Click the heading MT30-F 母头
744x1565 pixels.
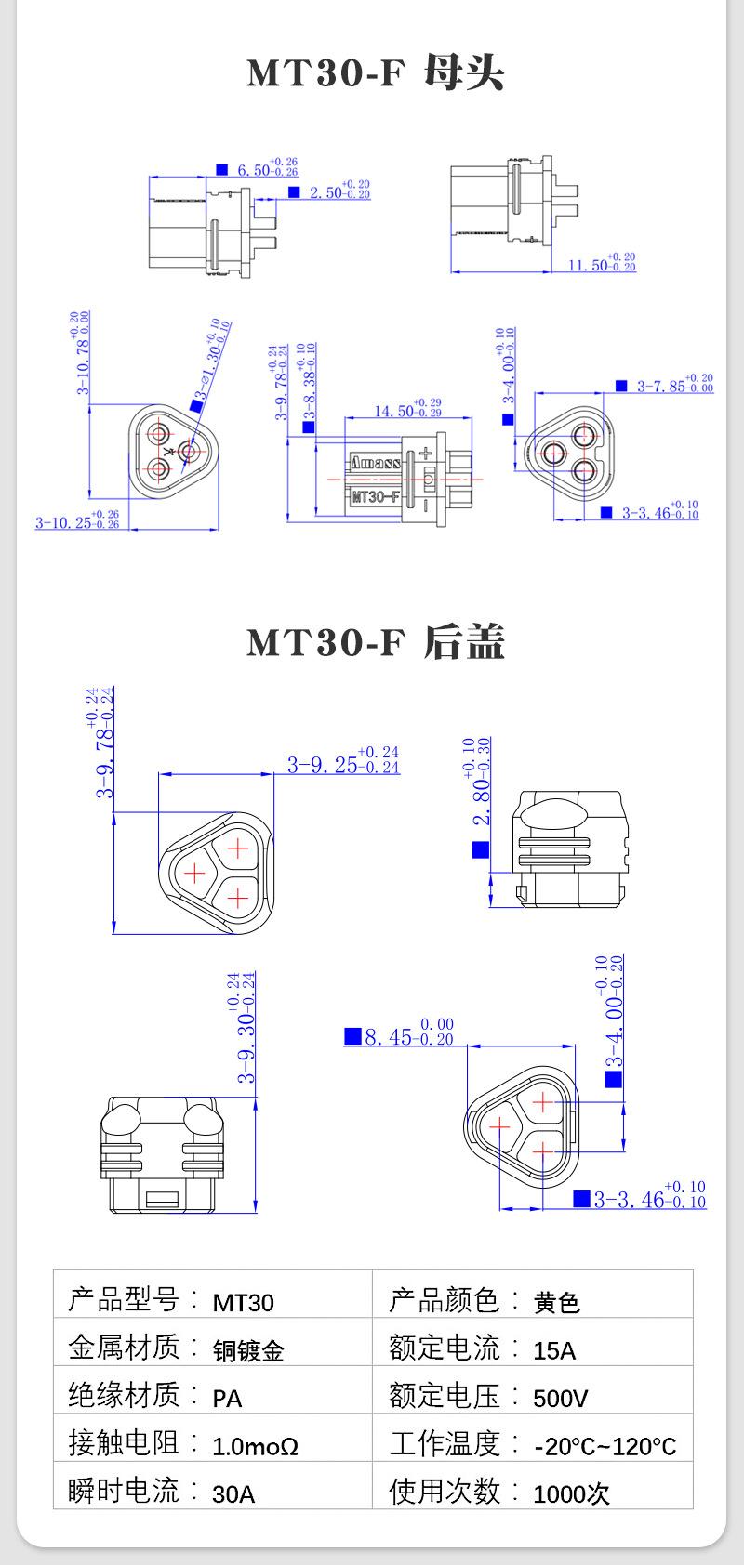point(375,73)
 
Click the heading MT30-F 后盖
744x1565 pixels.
point(375,642)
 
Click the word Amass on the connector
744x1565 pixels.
point(376,462)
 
